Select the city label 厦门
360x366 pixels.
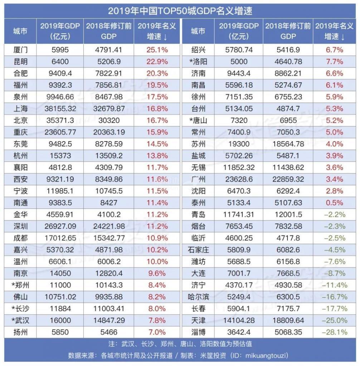[x=20, y=50]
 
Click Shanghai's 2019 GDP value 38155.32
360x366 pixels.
[x=60, y=109]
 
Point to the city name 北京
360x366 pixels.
[x=20, y=120]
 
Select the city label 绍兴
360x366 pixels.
[x=198, y=50]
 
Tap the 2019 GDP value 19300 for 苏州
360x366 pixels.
[x=239, y=144]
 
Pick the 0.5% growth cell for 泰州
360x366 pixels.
[x=335, y=203]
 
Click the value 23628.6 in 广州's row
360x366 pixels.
[x=239, y=179]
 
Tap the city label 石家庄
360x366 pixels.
[x=198, y=250]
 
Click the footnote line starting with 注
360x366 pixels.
[x=180, y=344]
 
